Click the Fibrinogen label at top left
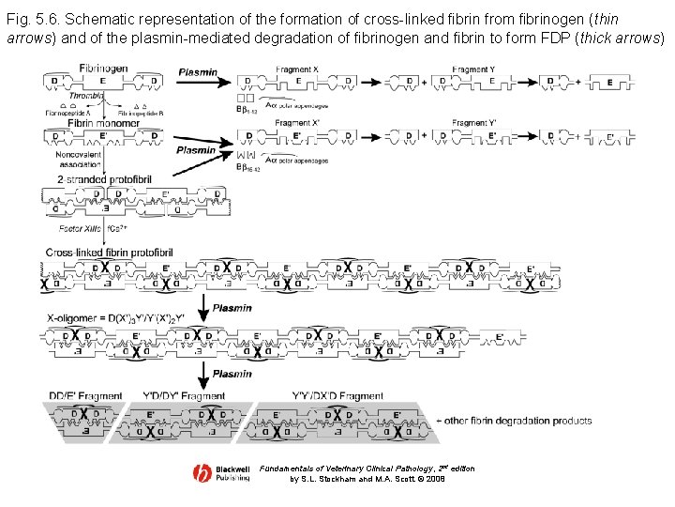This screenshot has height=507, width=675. point(104,69)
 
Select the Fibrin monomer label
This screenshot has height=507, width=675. point(104,123)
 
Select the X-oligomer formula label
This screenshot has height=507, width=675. point(121,319)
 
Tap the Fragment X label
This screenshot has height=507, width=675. point(297,69)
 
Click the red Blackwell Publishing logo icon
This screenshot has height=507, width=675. point(201,473)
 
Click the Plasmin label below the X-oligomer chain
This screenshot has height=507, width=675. point(232,374)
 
